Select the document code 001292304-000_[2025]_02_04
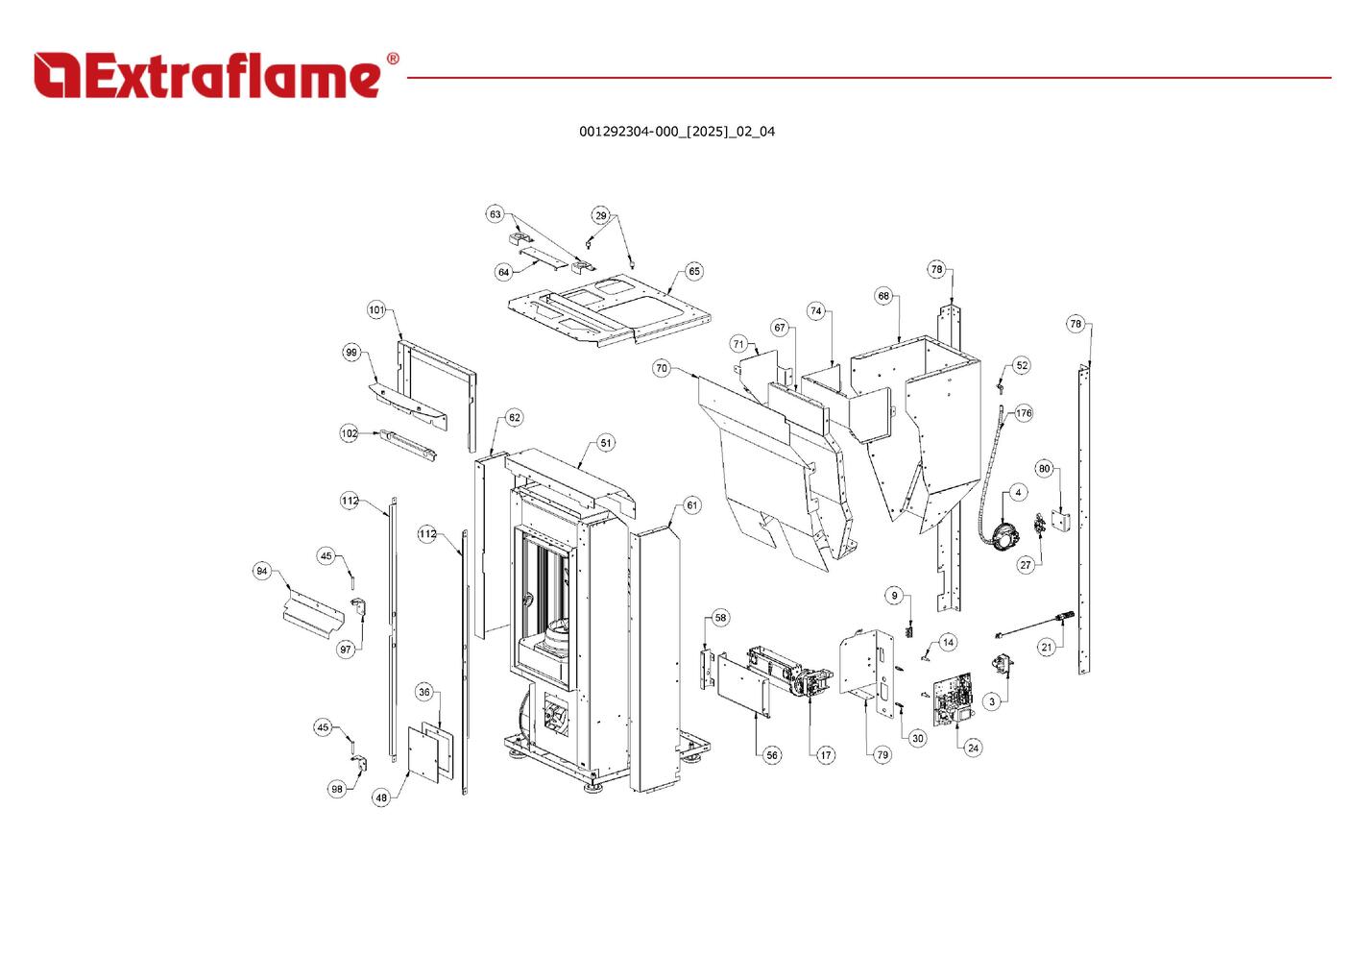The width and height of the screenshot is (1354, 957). click(676, 132)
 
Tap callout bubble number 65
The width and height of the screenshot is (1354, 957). click(694, 271)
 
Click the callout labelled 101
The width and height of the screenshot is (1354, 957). click(376, 309)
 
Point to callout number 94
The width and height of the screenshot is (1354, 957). click(261, 571)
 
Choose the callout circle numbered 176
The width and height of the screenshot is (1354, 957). click(1024, 413)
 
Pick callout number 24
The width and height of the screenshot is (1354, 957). click(973, 748)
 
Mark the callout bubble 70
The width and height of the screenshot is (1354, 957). click(661, 368)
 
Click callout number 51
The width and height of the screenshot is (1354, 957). click(606, 443)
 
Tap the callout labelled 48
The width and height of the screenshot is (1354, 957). click(381, 797)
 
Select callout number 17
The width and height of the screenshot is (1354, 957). click(826, 755)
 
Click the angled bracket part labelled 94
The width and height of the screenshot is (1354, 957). click(313, 611)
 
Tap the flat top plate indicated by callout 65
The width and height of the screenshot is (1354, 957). click(610, 307)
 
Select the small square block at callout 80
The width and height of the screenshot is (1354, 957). click(1061, 521)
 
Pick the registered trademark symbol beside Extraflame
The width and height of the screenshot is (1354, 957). click(392, 59)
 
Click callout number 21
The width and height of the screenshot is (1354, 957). click(1046, 647)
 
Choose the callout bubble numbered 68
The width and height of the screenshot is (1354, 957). click(883, 296)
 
